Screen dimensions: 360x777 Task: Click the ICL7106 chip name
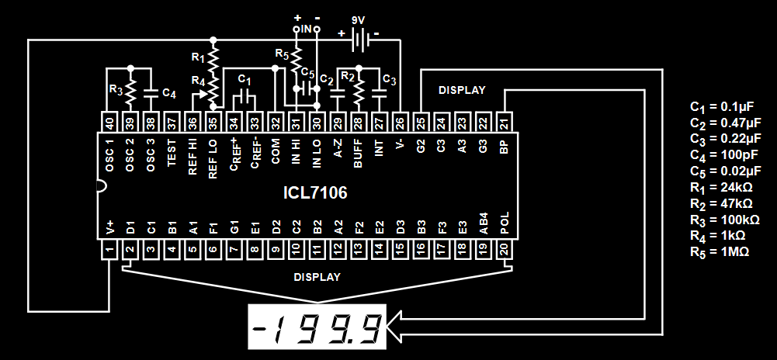pyautogui.click(x=314, y=192)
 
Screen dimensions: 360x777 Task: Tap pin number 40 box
pyautogui.click(x=109, y=122)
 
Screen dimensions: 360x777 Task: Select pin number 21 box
pyautogui.click(x=504, y=122)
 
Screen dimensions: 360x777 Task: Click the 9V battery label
pyautogui.click(x=358, y=21)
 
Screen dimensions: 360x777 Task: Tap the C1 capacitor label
pyautogui.click(x=244, y=80)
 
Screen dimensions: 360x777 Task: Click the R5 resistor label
pyautogui.click(x=281, y=54)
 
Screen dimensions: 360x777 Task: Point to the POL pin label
pyautogui.click(x=504, y=224)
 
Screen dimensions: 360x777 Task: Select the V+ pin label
pyautogui.click(x=109, y=227)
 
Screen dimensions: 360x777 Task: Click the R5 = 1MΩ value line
pyautogui.click(x=720, y=252)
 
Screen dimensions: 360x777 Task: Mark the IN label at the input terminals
pyautogui.click(x=307, y=29)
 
